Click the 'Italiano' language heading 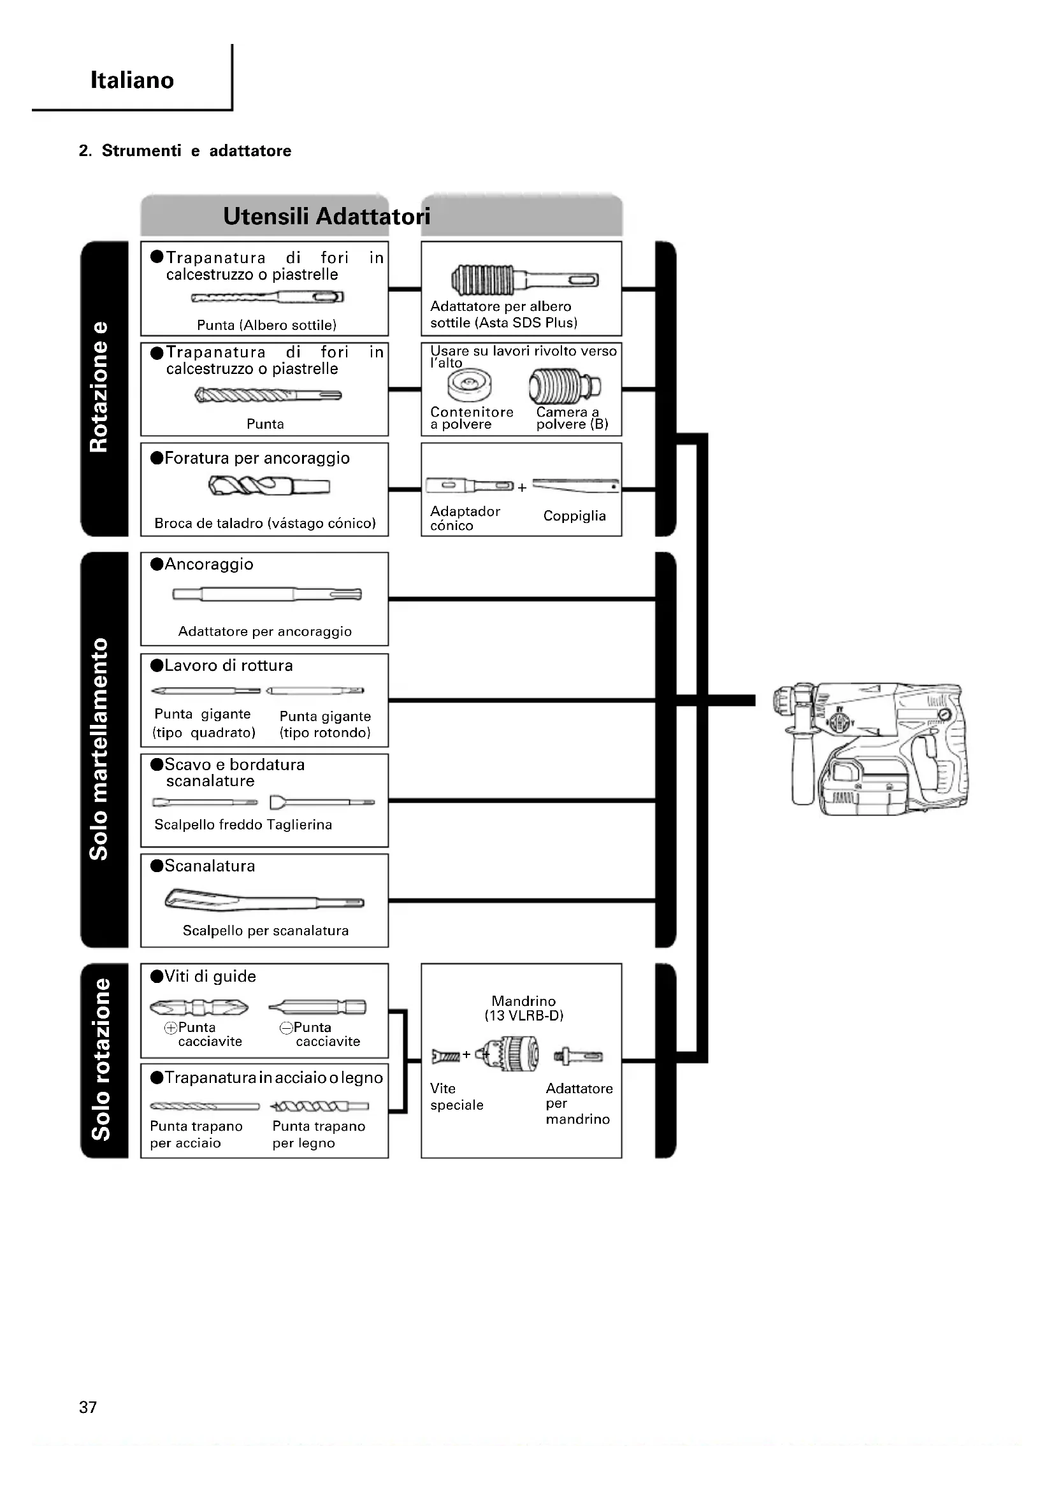(x=132, y=80)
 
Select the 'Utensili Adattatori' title (x=326, y=216)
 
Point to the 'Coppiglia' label (x=574, y=516)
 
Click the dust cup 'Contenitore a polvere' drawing (x=469, y=385)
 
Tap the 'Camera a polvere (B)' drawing (x=564, y=385)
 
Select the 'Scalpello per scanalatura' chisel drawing (x=264, y=900)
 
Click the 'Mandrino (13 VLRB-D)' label (x=524, y=1008)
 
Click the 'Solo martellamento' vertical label (x=99, y=749)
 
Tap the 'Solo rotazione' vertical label (x=101, y=1059)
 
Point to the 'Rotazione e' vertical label (x=99, y=387)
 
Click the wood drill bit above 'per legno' (x=319, y=1106)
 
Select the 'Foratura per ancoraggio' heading (x=256, y=458)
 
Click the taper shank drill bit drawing (x=269, y=485)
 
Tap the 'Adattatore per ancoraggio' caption (x=265, y=631)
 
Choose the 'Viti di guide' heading (x=210, y=976)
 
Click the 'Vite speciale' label (x=456, y=1096)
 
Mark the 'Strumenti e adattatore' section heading (x=185, y=150)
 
